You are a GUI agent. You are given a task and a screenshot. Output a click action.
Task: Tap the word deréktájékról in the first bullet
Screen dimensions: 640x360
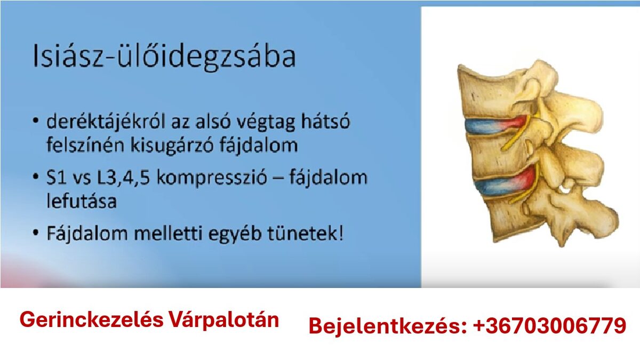[106, 122]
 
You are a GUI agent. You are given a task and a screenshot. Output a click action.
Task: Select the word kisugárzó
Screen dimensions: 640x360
[172, 145]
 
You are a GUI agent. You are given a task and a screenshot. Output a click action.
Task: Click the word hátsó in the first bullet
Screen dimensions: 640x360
[325, 121]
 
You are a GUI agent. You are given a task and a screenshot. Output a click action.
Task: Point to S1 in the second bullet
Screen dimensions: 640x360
[57, 178]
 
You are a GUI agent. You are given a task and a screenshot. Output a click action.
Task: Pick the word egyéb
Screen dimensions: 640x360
[235, 234]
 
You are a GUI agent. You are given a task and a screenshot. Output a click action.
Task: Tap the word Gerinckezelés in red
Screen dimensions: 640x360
[91, 319]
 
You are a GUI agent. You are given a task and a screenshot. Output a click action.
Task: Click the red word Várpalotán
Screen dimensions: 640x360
[224, 320]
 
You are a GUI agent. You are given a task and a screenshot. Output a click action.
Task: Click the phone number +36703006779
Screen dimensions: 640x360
[549, 326]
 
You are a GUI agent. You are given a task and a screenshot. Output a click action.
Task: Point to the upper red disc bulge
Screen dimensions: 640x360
[514, 125]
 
